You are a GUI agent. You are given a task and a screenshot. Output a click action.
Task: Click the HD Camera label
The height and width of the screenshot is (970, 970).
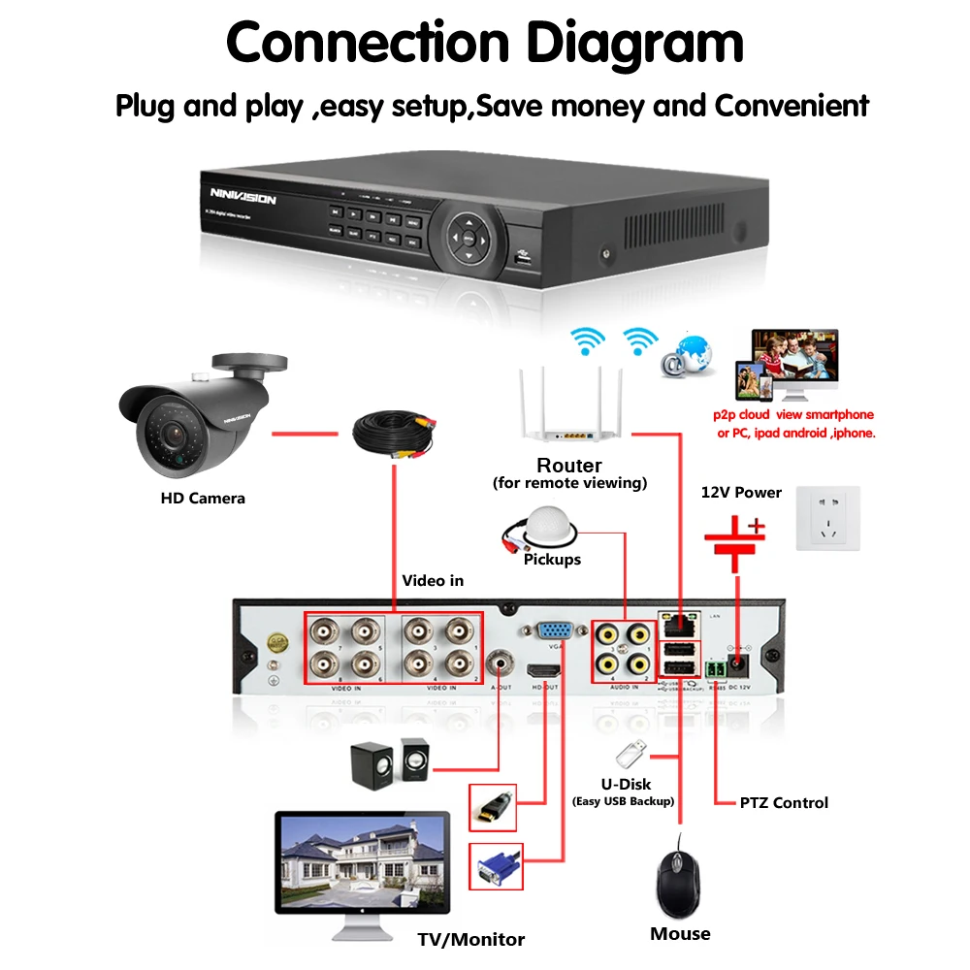[x=202, y=499]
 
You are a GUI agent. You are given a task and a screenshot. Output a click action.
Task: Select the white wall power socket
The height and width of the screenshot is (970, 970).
[x=827, y=518]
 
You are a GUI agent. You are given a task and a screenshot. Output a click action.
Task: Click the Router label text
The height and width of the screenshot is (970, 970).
[x=568, y=466]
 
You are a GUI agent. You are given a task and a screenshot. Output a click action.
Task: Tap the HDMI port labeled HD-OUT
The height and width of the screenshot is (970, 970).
[x=545, y=671]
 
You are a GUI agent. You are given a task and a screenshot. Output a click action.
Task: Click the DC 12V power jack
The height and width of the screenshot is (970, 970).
[x=740, y=665]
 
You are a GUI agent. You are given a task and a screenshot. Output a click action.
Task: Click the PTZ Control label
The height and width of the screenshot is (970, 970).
[x=784, y=802]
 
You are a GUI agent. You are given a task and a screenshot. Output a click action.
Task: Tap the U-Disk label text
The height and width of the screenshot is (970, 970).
[x=625, y=783]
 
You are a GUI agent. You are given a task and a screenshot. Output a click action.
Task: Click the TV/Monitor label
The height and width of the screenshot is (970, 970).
[x=470, y=939]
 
